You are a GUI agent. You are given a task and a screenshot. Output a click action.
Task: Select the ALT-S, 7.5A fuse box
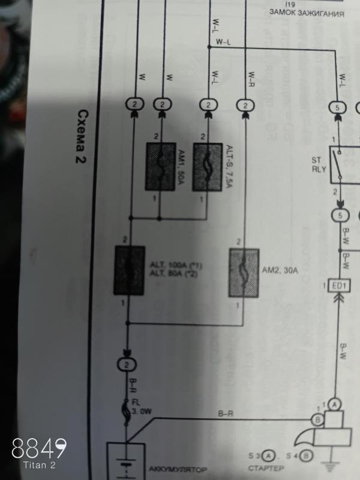click(206, 167)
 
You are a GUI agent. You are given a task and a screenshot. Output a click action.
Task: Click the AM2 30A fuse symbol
click(244, 273)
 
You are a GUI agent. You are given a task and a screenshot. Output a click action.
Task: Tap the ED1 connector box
click(339, 285)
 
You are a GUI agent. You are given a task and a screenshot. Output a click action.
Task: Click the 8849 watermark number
click(40, 448)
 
